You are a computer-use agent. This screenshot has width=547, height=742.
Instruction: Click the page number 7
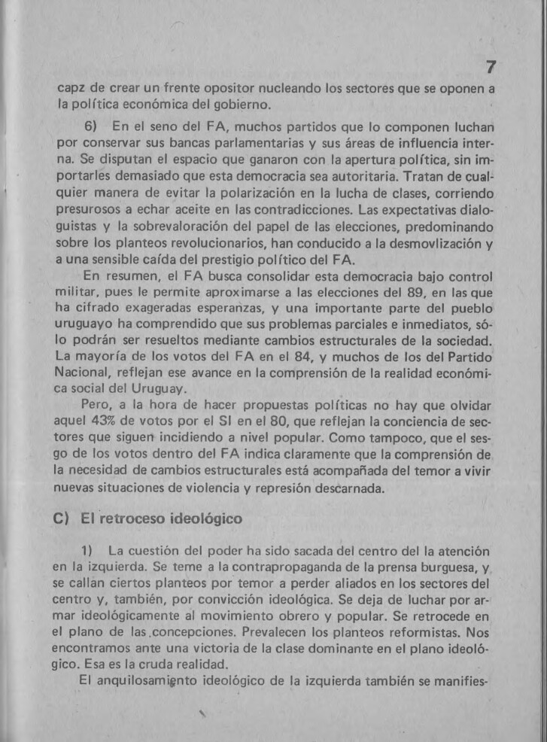[x=490, y=68]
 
